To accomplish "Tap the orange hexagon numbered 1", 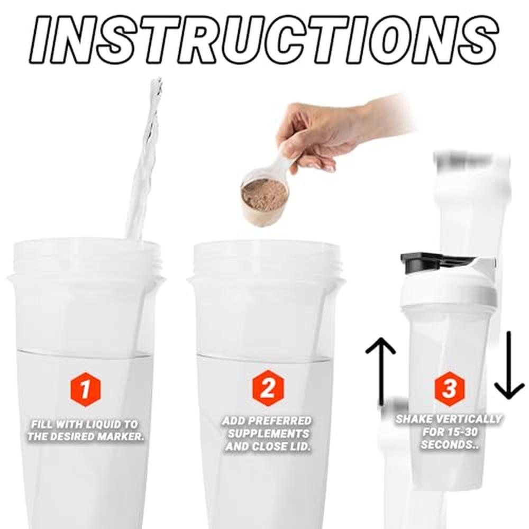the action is click(x=86, y=390).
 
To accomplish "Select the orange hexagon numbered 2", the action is click(x=268, y=388).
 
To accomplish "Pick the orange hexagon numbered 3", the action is click(x=449, y=388).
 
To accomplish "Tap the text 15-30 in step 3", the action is click(x=461, y=432).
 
